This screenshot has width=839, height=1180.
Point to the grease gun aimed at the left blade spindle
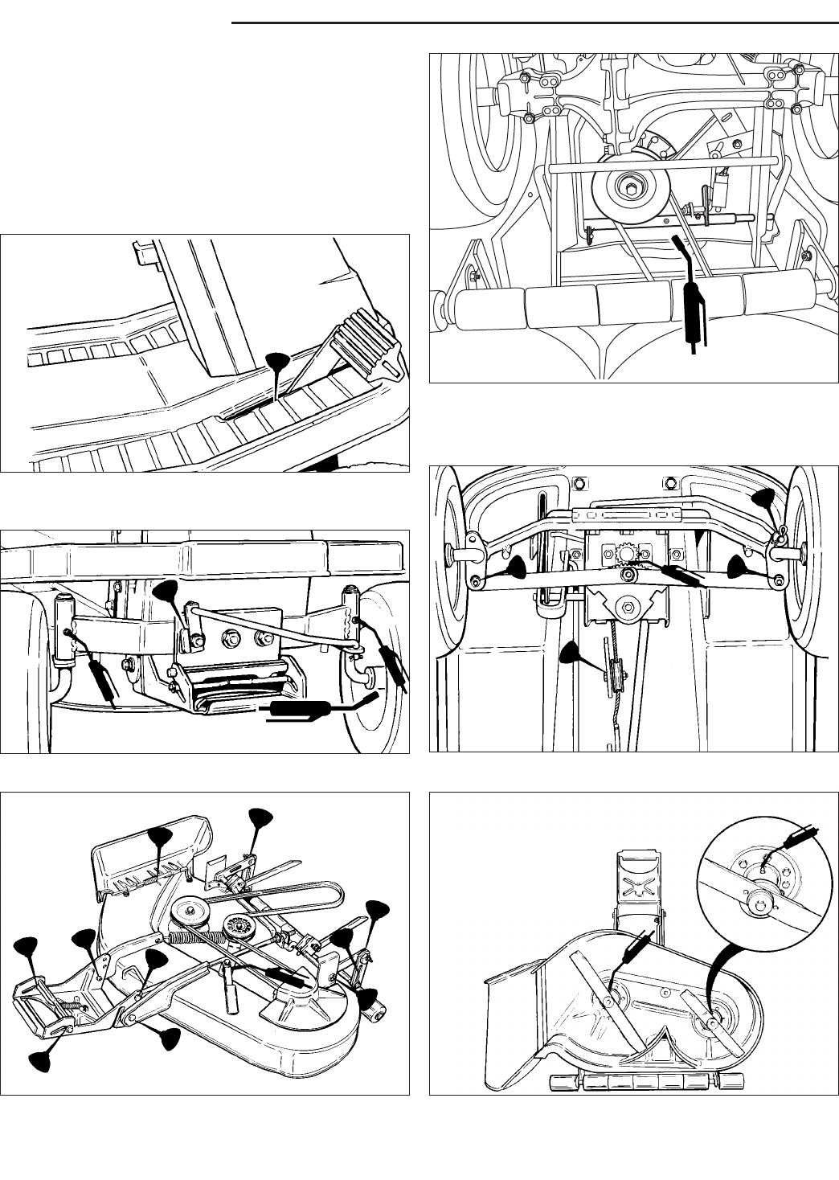634,946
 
